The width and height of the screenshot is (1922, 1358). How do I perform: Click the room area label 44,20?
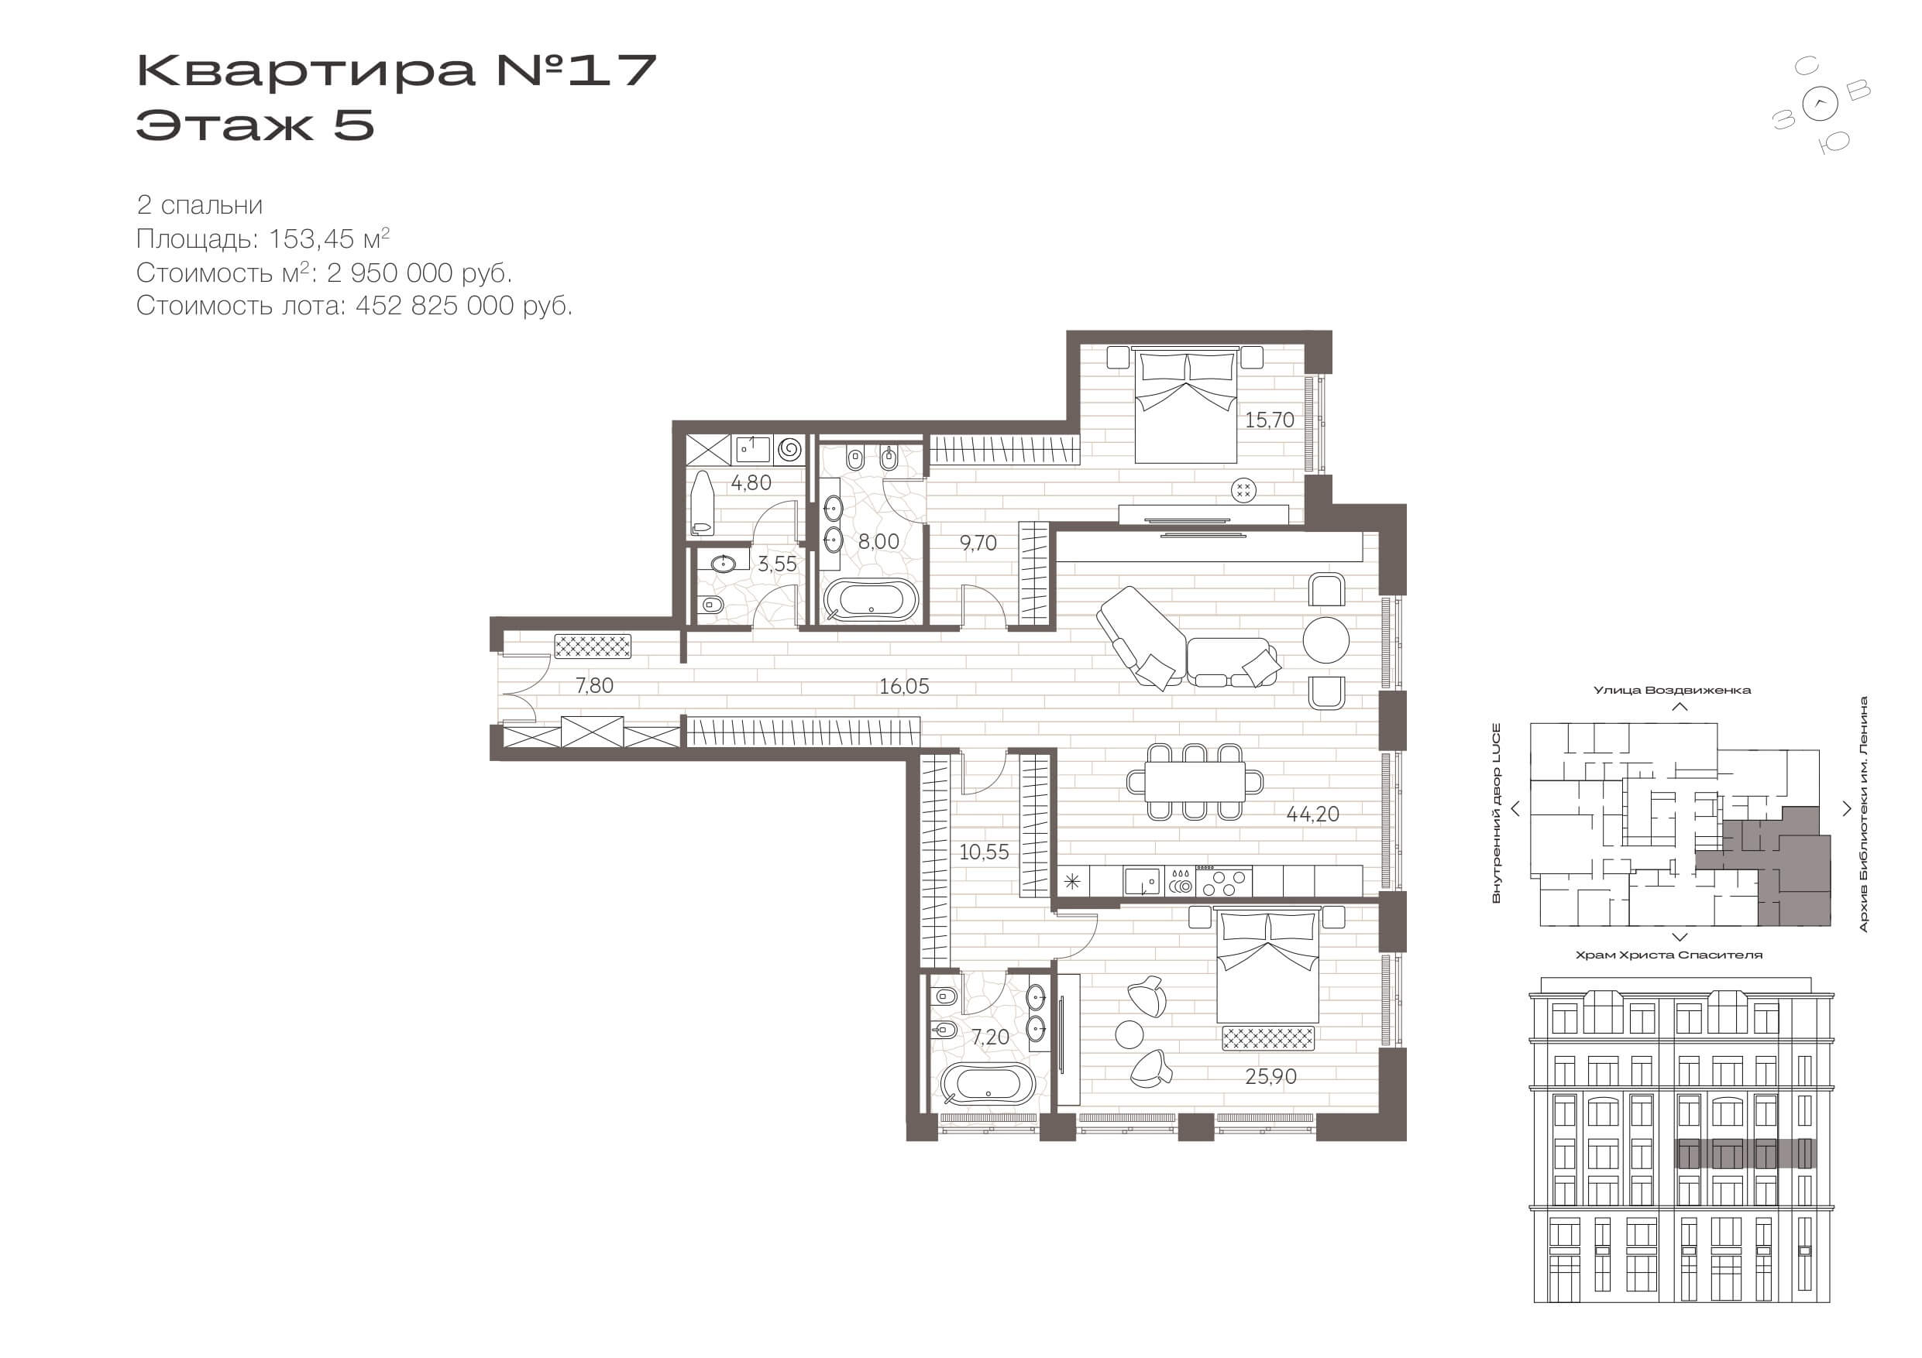[1312, 814]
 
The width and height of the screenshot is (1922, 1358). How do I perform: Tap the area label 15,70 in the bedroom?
[1269, 420]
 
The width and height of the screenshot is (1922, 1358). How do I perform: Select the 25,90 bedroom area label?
[1270, 1077]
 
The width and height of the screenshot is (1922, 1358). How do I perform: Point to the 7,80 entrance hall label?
[594, 686]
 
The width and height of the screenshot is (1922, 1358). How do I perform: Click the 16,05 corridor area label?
[904, 687]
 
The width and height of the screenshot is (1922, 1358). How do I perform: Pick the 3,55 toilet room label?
[777, 564]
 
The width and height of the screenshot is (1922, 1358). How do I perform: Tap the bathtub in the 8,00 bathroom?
[871, 599]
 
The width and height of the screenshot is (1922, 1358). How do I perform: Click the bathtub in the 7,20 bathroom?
[988, 1085]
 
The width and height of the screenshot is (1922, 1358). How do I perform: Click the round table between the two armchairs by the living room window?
[1326, 641]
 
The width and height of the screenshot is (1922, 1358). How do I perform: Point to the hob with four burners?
[1224, 882]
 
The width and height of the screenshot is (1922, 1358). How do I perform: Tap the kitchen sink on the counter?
[1143, 882]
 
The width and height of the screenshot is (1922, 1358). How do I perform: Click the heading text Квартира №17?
[396, 70]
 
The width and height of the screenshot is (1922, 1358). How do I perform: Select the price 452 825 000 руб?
[464, 307]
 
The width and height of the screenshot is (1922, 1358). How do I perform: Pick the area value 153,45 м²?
[329, 239]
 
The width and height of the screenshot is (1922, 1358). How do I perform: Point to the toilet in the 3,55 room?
[710, 604]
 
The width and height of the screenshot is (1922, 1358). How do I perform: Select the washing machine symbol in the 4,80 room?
[789, 450]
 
